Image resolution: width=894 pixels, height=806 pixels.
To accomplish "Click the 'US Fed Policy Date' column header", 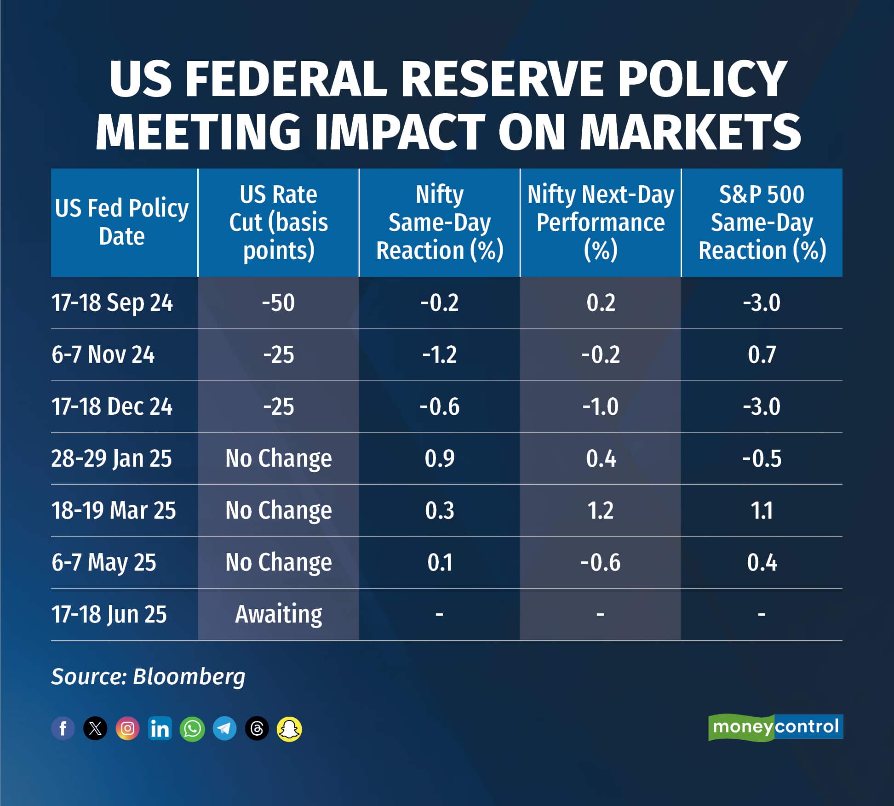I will coord(122,223).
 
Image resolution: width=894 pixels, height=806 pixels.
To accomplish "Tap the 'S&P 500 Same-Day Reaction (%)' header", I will coord(762,223).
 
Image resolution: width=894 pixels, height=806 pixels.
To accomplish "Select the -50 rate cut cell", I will coord(278,303).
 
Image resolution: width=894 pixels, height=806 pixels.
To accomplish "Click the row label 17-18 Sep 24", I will coord(112,303).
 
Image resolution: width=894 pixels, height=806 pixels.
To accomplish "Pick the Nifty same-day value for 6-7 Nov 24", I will coord(439,355).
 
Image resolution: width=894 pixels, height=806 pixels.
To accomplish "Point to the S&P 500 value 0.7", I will coord(762,355).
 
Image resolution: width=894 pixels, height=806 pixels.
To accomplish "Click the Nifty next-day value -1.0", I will coord(600,407).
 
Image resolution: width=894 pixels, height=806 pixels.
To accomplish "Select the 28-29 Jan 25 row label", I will coord(111,459).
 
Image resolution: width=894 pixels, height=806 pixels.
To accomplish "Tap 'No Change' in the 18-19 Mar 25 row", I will coord(278,511).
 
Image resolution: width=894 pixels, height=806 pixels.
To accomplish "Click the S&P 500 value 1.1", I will coord(762,511).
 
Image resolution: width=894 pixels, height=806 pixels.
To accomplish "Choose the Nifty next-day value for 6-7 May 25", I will coord(600,563).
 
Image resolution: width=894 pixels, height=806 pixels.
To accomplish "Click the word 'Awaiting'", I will coord(278,614).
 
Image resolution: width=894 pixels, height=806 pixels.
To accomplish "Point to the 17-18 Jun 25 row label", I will coord(109,614).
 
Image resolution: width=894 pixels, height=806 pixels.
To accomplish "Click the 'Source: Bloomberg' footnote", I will coord(148,676).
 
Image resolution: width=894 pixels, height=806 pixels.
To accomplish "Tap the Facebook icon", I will coord(63,728).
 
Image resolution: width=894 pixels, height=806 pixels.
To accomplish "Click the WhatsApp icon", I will coord(192,728).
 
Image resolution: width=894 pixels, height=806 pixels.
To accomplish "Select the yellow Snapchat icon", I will coord(289,728).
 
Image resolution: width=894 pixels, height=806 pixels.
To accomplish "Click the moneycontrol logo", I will coord(775,727).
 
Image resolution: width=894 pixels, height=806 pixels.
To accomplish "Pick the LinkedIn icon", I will coord(160,728).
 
